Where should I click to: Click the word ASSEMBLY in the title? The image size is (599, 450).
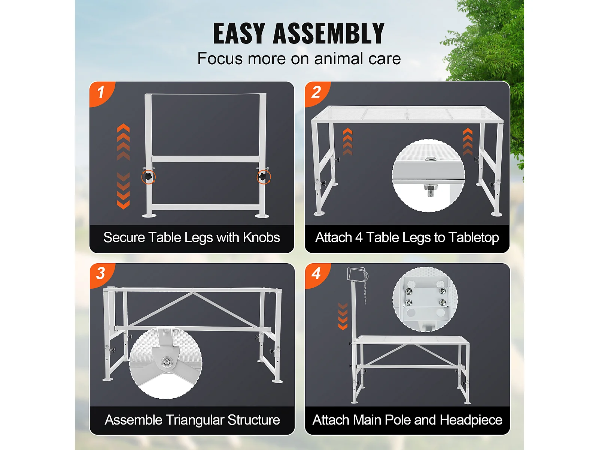[329, 33]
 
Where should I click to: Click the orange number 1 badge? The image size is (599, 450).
[101, 93]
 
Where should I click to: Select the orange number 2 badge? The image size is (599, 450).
[317, 93]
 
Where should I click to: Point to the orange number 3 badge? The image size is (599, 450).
[101, 274]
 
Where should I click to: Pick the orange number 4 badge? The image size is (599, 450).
[317, 274]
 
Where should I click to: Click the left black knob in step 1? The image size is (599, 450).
[148, 177]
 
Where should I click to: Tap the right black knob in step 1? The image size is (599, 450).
[263, 177]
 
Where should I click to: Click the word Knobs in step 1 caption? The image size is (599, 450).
[261, 237]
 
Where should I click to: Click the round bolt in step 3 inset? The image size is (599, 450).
[165, 362]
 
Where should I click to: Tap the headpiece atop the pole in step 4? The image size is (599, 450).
[356, 274]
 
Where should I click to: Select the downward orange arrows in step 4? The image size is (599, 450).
[343, 316]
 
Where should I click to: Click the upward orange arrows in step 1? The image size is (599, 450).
[123, 142]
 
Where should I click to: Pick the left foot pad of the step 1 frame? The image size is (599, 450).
[149, 216]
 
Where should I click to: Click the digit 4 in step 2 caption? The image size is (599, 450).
[359, 237]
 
